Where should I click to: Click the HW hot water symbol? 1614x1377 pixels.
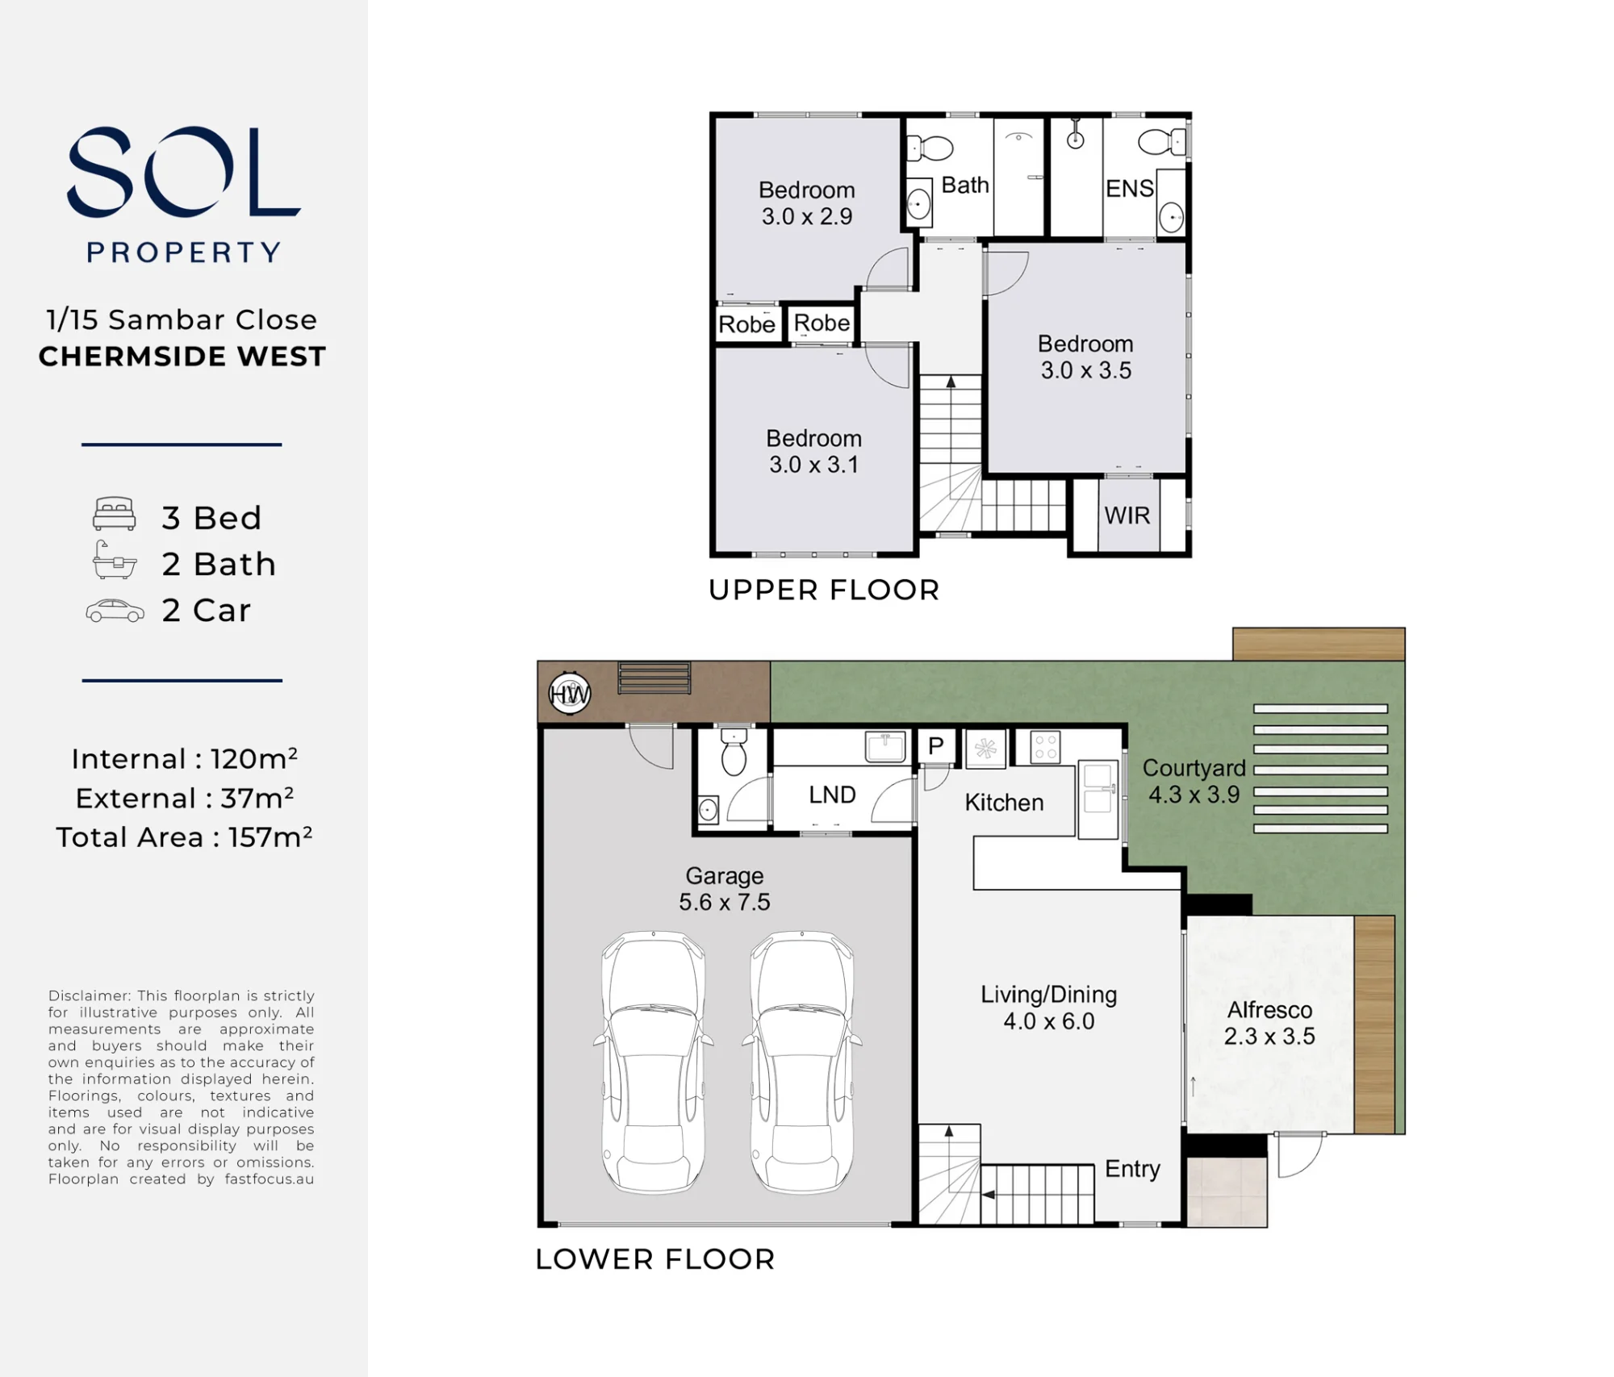tap(570, 693)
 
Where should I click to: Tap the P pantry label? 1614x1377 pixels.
tap(936, 745)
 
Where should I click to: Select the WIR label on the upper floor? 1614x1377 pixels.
tap(1127, 515)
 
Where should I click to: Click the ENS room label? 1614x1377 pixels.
tap(1130, 189)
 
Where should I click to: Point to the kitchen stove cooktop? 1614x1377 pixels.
tap(1046, 747)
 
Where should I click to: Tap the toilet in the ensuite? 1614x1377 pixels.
tap(1162, 142)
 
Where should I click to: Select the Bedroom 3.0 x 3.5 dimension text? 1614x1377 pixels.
tap(1086, 370)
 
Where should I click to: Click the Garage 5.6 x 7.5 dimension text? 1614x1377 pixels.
tap(725, 902)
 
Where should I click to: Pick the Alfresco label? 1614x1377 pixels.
tap(1269, 1010)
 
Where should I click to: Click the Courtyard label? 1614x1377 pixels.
tap(1194, 769)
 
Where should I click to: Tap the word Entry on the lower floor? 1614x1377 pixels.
tap(1132, 1170)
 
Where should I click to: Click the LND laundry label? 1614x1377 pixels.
tap(832, 795)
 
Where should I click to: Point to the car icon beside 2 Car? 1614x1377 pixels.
tap(115, 611)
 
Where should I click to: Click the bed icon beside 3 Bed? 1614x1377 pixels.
tap(115, 514)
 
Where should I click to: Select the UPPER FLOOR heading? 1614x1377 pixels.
tap(824, 590)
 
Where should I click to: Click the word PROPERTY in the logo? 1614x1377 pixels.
tap(184, 252)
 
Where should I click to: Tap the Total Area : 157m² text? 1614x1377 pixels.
tap(184, 837)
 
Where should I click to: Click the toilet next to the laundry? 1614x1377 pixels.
tap(734, 753)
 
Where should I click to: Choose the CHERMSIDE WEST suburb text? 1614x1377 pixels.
tap(182, 357)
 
